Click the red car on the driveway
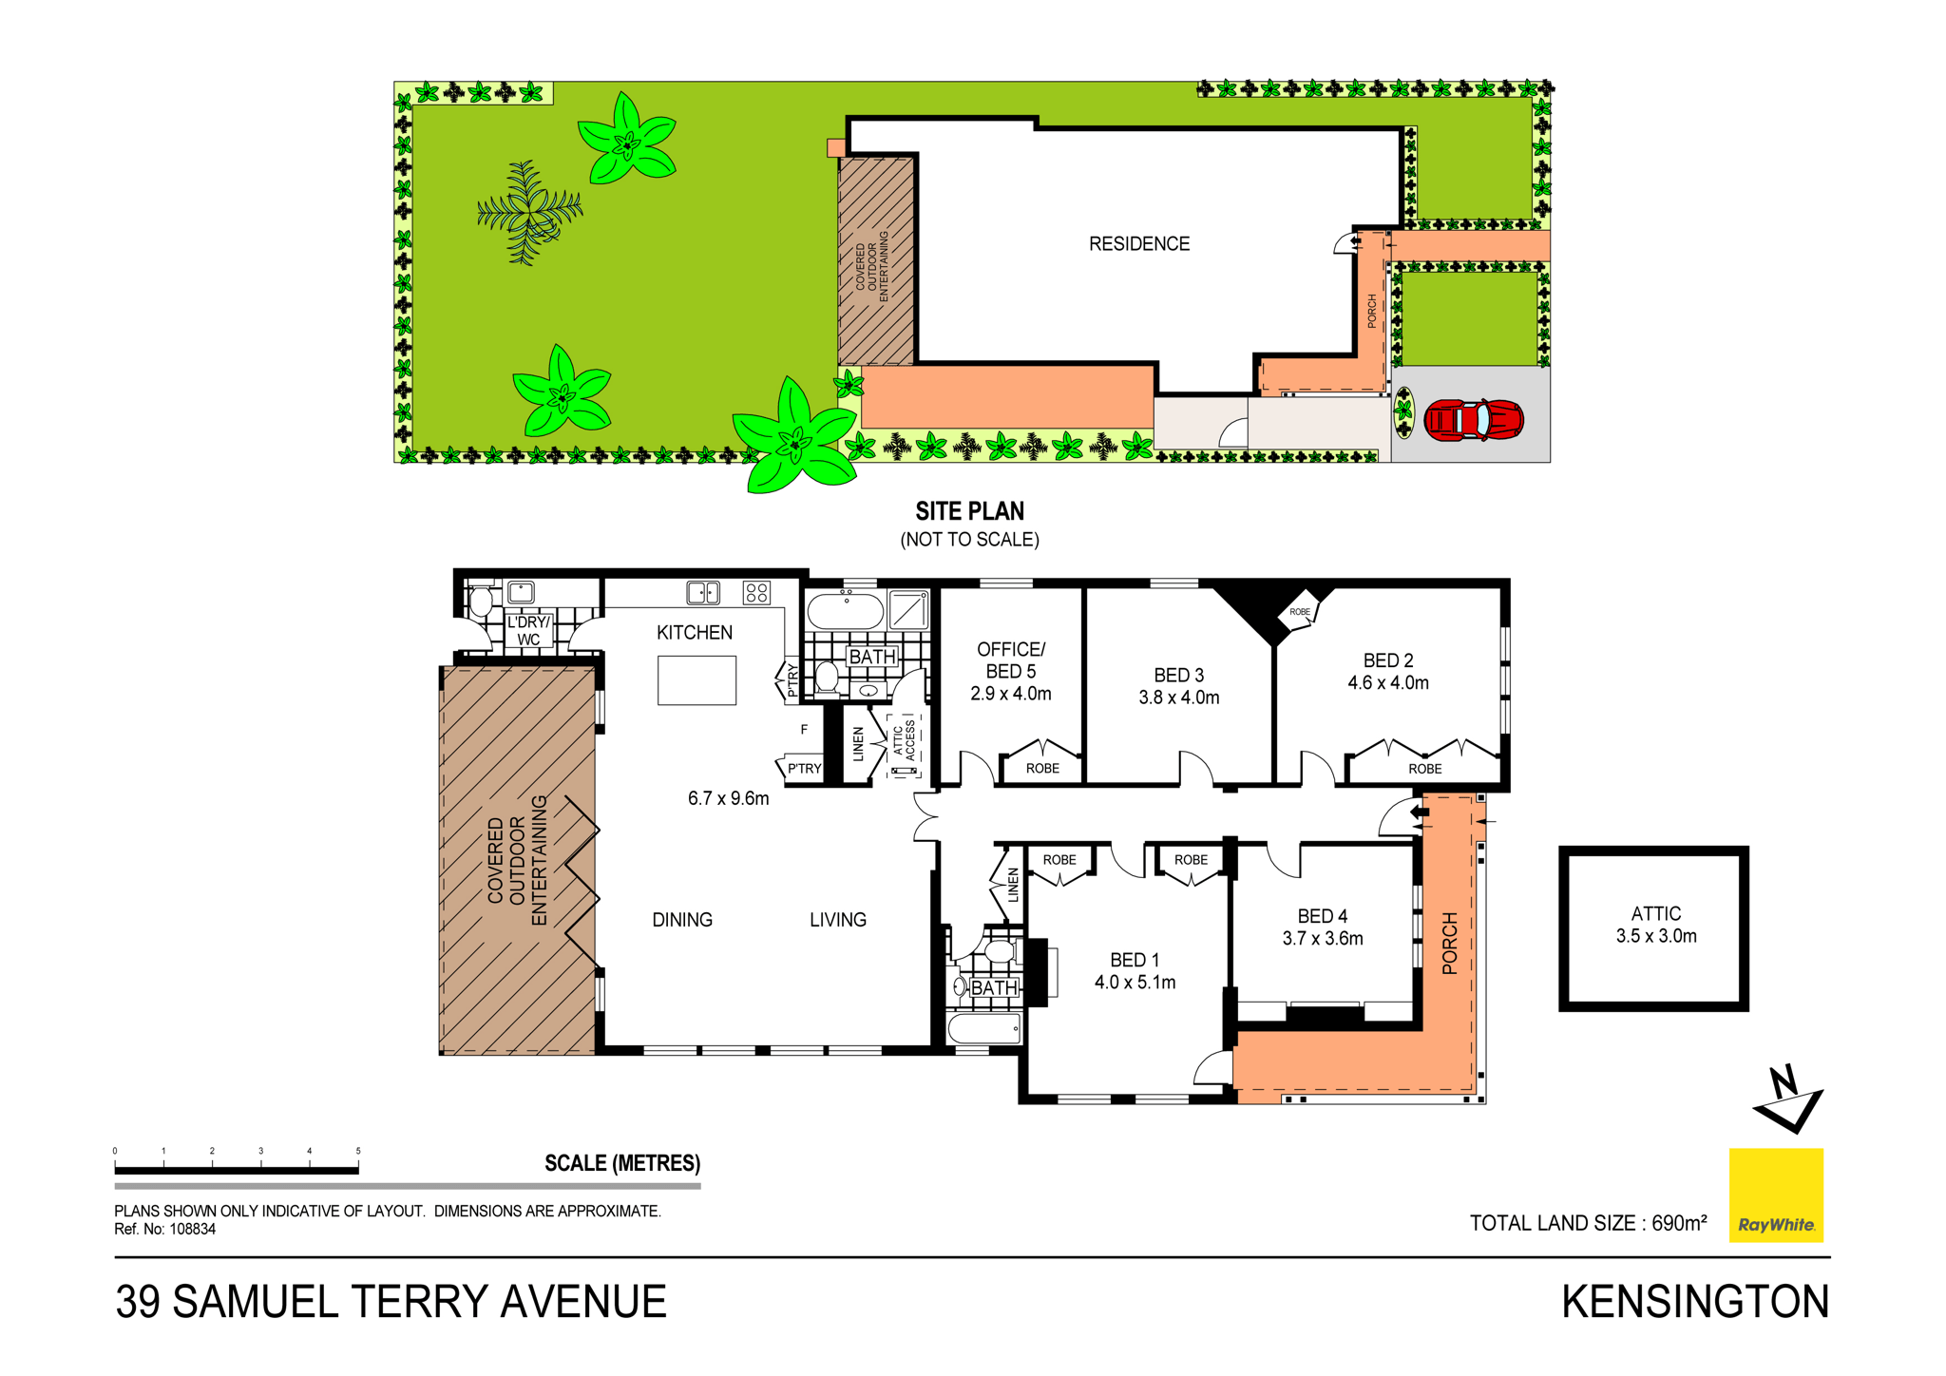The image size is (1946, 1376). pos(1473,419)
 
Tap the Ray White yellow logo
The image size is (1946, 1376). pos(1775,1194)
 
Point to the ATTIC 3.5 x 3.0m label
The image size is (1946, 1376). pos(1656,925)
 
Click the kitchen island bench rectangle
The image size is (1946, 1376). pos(696,680)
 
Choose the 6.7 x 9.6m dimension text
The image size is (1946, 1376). pos(728,798)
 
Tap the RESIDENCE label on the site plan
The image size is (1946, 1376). pos(1139,244)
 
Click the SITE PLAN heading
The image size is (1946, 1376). pos(969,511)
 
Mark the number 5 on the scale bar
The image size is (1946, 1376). pos(358,1151)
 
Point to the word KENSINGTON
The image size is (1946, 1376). pos(1695,1302)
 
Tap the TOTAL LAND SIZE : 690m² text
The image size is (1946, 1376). pos(1588,1223)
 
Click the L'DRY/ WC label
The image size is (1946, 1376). pos(529,631)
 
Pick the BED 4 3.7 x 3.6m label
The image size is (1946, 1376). pos(1323,927)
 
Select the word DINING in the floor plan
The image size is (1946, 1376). pos(682,920)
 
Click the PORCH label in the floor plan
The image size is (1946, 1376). pos(1450,944)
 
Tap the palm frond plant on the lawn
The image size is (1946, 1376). pos(529,212)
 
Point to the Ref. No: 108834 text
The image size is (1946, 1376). pos(165,1229)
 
